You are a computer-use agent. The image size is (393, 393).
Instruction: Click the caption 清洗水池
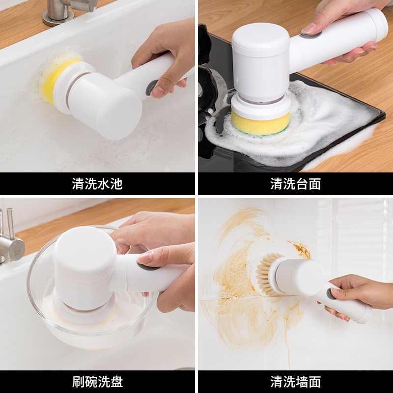tap(97, 184)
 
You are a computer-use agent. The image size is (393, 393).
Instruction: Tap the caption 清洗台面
tap(295, 184)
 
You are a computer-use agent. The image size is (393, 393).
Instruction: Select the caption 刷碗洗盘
tap(97, 381)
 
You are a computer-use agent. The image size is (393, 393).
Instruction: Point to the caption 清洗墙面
tap(295, 381)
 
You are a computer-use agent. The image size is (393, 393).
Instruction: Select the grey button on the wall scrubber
tap(332, 294)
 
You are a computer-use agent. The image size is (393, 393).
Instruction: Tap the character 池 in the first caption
tap(116, 184)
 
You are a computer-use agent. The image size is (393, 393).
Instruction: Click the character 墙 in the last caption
tap(302, 381)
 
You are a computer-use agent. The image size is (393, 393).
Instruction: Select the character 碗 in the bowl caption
tap(90, 381)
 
